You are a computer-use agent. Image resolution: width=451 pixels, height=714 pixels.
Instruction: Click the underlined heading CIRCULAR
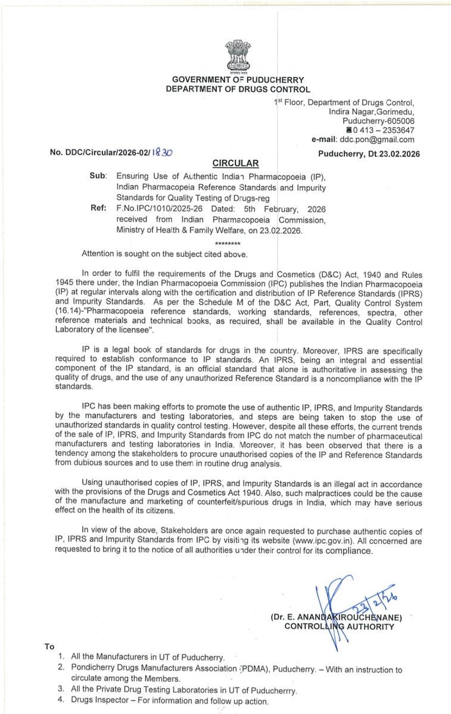(x=236, y=163)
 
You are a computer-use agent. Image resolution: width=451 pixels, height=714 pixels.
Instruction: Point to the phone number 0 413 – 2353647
(x=384, y=130)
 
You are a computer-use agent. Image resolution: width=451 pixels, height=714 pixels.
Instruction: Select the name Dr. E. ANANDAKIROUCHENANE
(x=337, y=616)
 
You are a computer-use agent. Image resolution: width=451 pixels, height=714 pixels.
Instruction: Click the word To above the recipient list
(x=49, y=646)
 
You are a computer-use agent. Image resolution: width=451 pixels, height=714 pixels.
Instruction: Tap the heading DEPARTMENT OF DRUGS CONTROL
(x=238, y=89)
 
